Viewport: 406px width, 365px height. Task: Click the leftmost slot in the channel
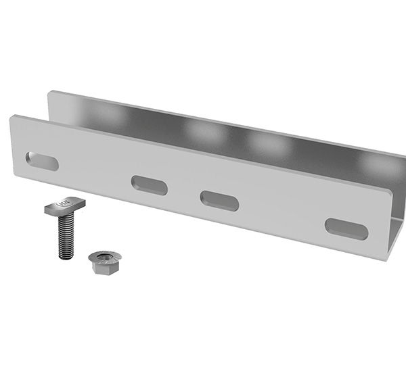pos(42,162)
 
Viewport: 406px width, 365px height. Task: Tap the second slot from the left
pos(150,185)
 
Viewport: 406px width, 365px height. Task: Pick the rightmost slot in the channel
pos(346,228)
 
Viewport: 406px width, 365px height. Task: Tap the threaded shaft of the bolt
pos(65,237)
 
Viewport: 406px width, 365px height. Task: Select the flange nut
pos(105,261)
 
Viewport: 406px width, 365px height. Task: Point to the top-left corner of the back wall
pos(49,93)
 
